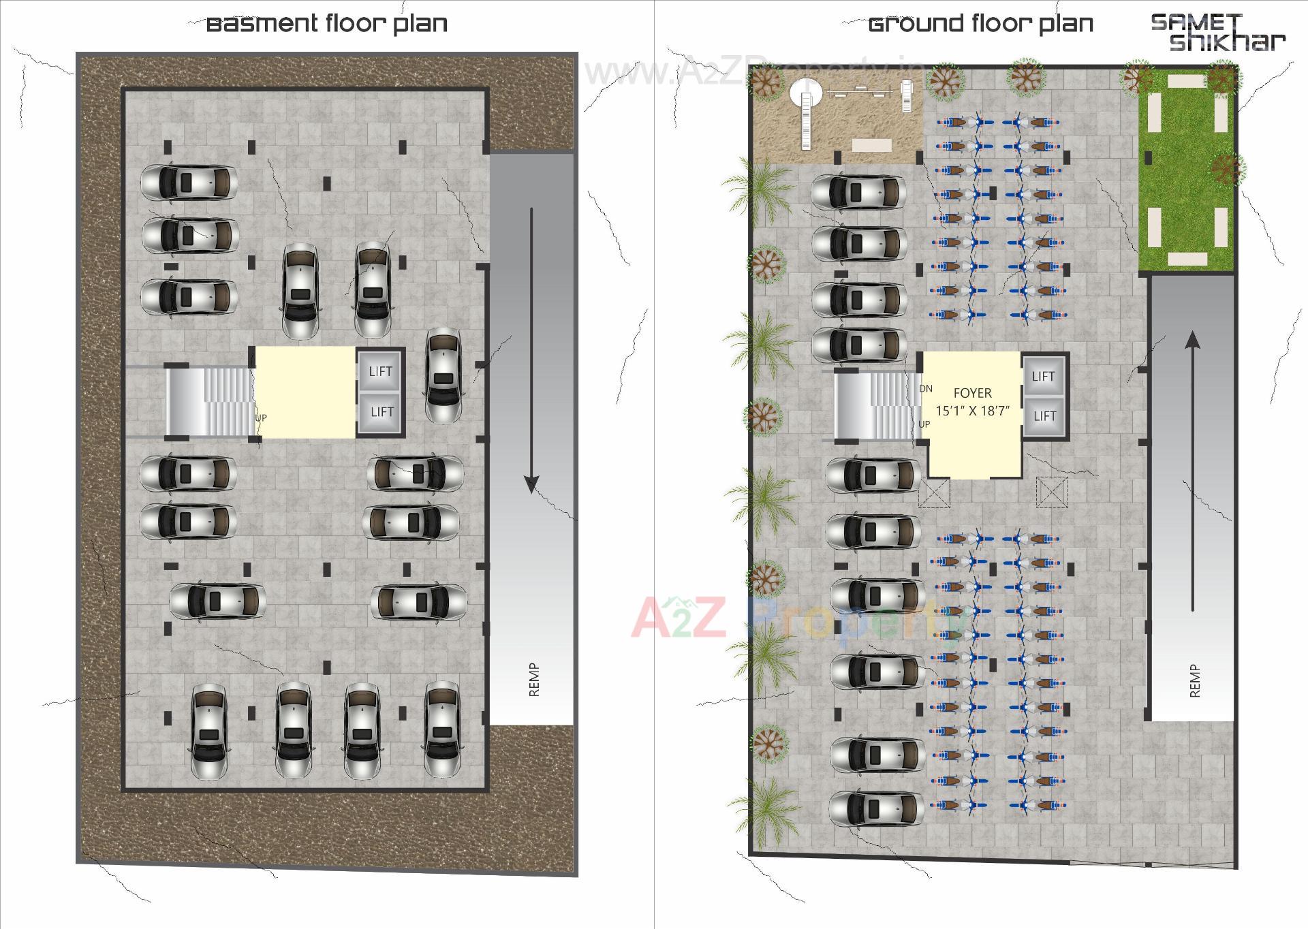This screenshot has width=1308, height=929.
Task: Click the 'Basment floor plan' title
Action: tap(327, 24)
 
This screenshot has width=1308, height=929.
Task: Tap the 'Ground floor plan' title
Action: tap(981, 24)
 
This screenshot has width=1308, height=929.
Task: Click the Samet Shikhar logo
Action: tap(1218, 32)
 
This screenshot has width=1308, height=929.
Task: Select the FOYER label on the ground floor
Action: tap(972, 393)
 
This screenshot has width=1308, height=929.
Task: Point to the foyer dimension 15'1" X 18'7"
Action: tap(972, 411)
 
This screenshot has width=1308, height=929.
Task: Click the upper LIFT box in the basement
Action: tap(380, 371)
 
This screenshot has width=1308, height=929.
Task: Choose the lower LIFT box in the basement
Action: tap(381, 411)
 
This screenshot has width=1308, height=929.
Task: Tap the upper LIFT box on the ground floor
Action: tap(1043, 376)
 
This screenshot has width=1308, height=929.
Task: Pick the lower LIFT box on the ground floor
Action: tap(1044, 415)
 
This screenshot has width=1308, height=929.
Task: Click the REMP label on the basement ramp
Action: tap(534, 680)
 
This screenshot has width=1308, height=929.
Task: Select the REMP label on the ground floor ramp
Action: tap(1194, 680)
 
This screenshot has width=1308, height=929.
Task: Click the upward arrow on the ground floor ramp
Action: tap(1192, 470)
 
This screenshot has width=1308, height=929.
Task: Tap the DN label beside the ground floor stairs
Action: tap(925, 389)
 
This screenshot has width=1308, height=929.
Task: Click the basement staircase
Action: tap(210, 400)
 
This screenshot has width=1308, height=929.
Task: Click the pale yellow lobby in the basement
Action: tap(305, 392)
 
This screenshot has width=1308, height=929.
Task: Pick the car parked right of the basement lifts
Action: tap(443, 375)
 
